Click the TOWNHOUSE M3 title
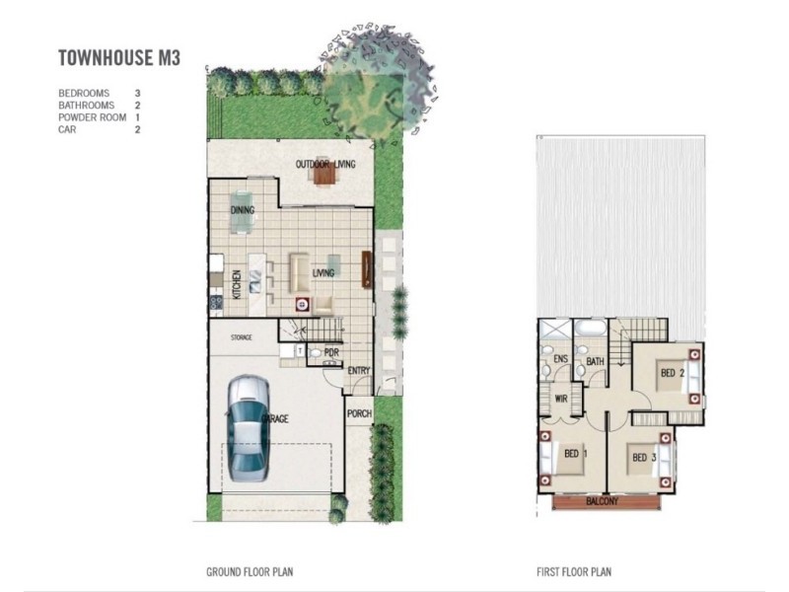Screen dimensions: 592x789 [x=119, y=58]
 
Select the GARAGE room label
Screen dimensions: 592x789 [x=275, y=420]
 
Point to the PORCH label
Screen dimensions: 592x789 [x=359, y=413]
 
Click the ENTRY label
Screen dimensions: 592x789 [x=358, y=371]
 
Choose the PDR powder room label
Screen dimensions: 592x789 [x=331, y=351]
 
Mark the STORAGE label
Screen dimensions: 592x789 [x=242, y=337]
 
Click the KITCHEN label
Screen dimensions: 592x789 [x=237, y=285]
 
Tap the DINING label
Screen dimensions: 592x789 [x=243, y=210]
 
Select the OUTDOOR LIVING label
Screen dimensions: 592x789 [x=325, y=164]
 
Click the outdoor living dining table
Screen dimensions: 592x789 [x=323, y=175]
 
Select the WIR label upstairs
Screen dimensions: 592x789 [x=560, y=400]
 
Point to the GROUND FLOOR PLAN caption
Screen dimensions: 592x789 [x=250, y=571]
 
